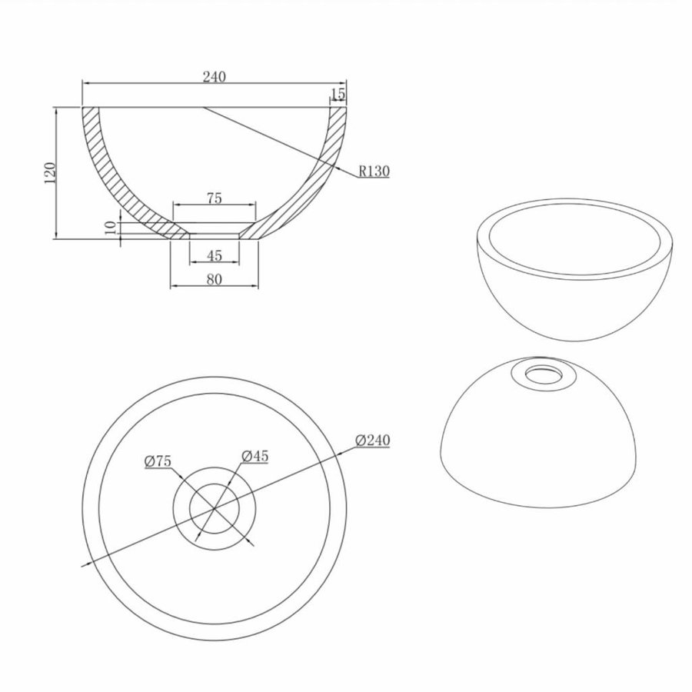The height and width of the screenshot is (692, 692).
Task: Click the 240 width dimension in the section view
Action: point(214,76)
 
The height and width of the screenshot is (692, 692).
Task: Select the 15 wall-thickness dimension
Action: point(338,94)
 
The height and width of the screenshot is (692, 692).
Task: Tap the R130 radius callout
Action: point(374,171)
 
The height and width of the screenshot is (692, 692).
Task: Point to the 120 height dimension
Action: point(49,173)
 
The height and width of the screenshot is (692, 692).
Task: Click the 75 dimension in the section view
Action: point(214,198)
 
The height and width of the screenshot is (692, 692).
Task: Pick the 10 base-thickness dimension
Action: point(111,229)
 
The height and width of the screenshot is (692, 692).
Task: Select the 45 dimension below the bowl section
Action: point(214,256)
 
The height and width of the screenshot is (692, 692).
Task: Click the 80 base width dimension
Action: point(214,279)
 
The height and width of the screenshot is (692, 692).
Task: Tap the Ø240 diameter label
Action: point(374,440)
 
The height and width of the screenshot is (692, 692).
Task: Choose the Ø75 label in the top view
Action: point(158,461)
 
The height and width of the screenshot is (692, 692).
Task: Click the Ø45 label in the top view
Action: point(255,456)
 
